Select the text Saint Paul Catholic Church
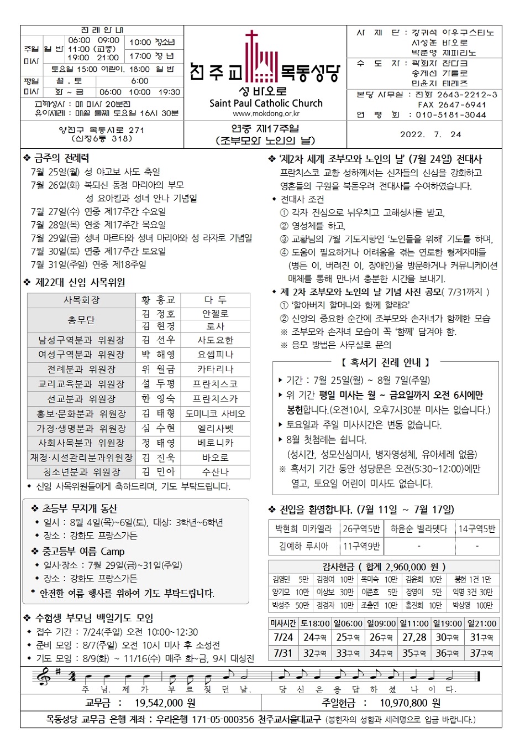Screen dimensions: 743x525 266,103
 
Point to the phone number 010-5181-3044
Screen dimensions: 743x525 451,115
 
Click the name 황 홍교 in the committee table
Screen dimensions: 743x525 158,300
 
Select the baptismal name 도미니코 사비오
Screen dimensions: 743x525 215,413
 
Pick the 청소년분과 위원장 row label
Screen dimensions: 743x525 81,472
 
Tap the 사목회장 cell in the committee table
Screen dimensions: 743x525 81,300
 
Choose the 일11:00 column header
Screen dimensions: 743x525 414,624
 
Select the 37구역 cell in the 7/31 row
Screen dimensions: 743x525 482,653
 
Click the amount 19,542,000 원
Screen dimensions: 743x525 165,703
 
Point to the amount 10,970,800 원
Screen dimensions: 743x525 410,703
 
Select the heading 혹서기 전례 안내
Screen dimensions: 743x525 385,363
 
